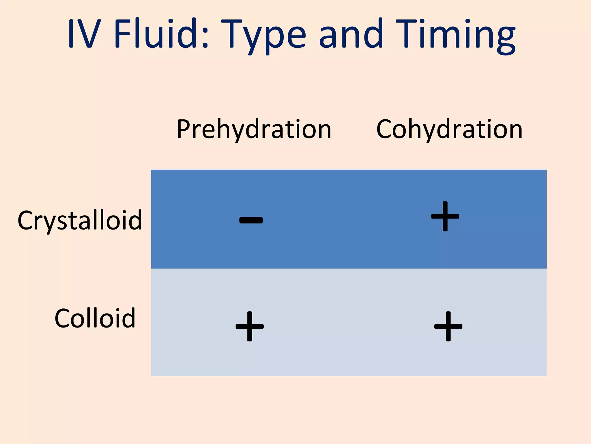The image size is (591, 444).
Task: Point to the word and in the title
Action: [x=351, y=33]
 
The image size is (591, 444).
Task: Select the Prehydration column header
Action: [x=254, y=129]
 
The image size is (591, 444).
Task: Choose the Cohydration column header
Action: [x=449, y=129]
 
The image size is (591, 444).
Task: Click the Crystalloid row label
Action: [x=80, y=221]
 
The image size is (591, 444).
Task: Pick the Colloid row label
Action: [x=95, y=318]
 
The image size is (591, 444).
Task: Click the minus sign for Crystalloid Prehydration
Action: [x=251, y=220]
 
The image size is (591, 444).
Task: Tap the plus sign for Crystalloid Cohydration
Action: [x=445, y=216]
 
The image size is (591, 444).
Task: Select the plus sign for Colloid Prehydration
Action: [x=250, y=326]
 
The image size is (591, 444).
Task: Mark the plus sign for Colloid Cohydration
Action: [x=448, y=326]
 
